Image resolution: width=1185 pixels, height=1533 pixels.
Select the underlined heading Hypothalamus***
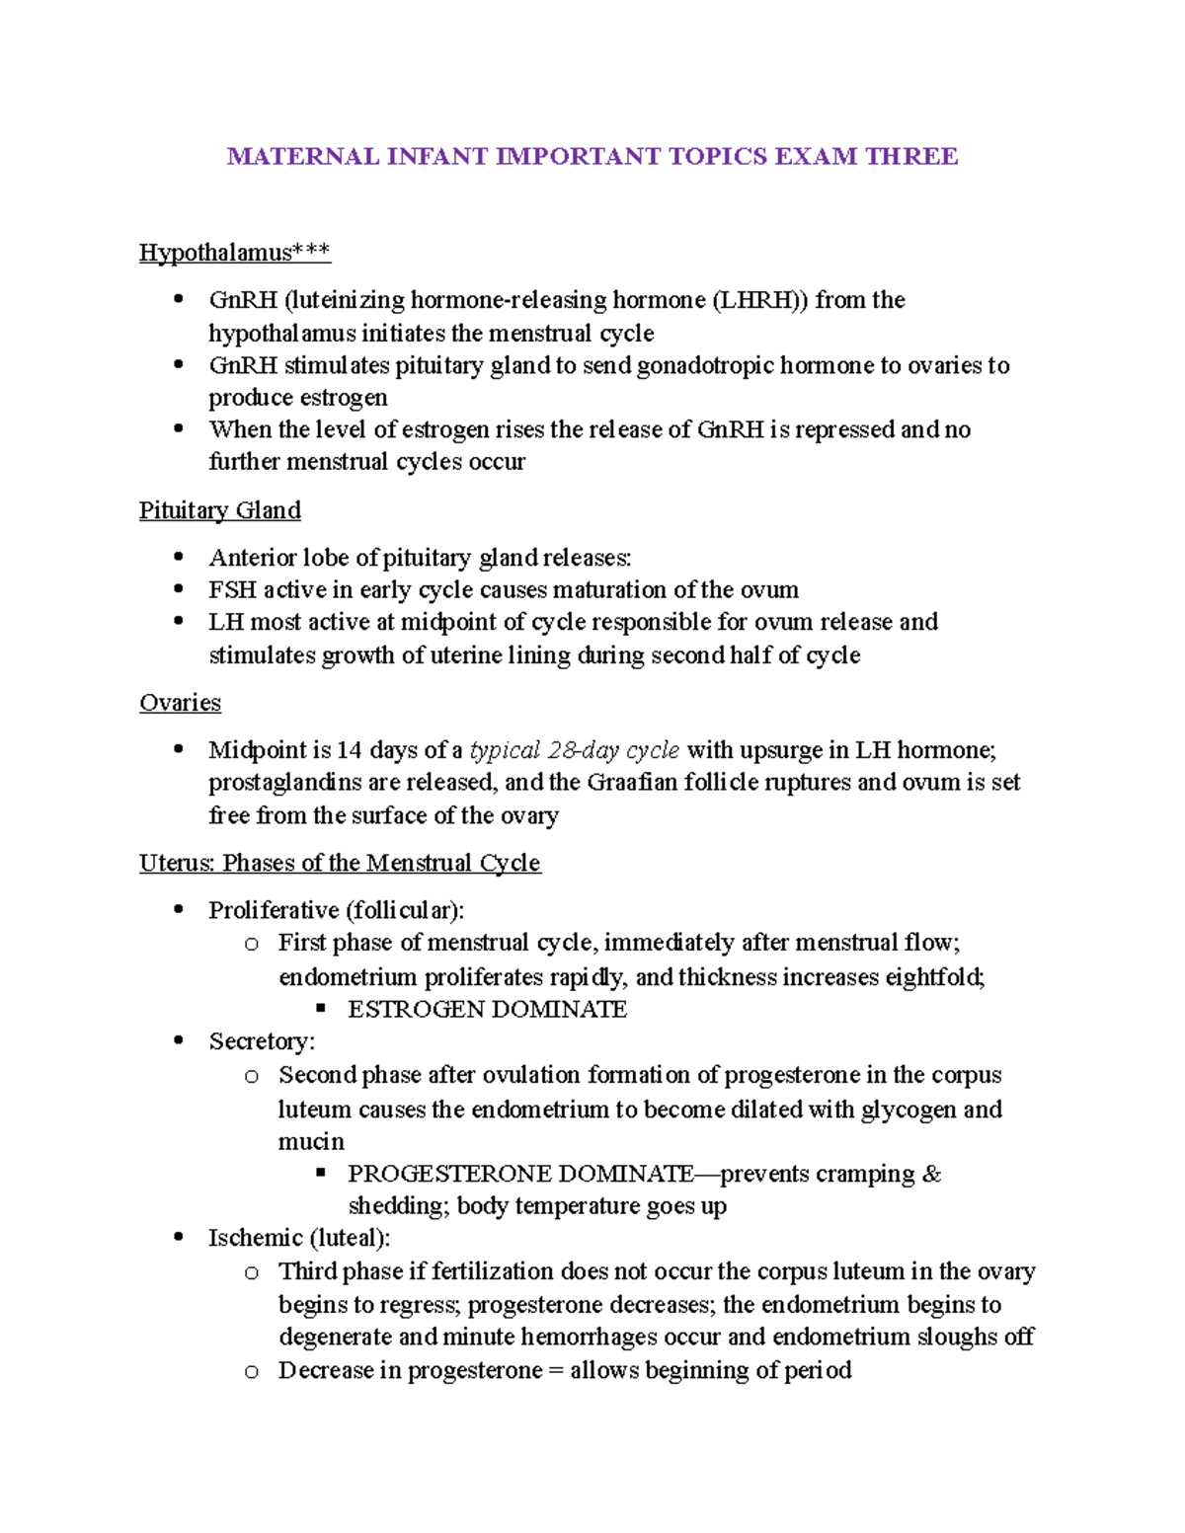[x=235, y=253]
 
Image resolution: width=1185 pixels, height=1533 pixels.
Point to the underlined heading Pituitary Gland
[x=219, y=510]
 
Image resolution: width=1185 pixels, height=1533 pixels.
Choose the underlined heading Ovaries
[x=180, y=703]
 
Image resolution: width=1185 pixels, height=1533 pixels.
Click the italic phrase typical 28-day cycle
[x=574, y=750]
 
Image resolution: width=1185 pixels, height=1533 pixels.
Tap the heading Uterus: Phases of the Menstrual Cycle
[x=340, y=863]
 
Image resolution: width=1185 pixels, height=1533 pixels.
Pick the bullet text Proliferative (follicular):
[x=336, y=910]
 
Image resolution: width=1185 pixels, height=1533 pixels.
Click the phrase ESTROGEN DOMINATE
[x=487, y=1009]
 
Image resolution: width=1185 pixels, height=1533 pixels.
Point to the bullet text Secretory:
[x=262, y=1041]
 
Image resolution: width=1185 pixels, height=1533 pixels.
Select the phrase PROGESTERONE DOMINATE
[x=520, y=1174]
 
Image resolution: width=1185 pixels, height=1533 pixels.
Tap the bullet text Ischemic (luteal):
[x=299, y=1238]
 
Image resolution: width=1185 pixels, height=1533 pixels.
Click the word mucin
[x=311, y=1142]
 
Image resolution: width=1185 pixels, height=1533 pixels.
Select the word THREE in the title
[x=911, y=157]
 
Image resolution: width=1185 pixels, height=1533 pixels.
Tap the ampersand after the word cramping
[x=931, y=1174]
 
